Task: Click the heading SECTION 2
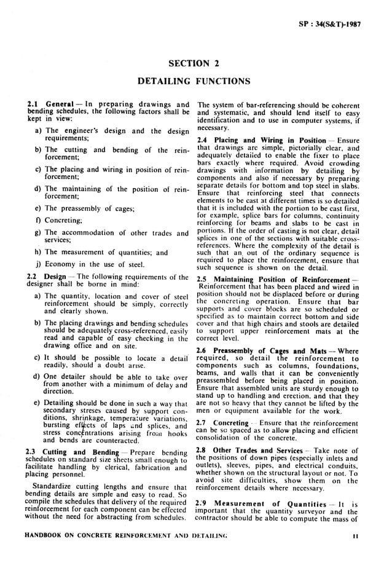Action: point(195,63)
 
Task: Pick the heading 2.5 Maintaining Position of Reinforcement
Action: point(274,280)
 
